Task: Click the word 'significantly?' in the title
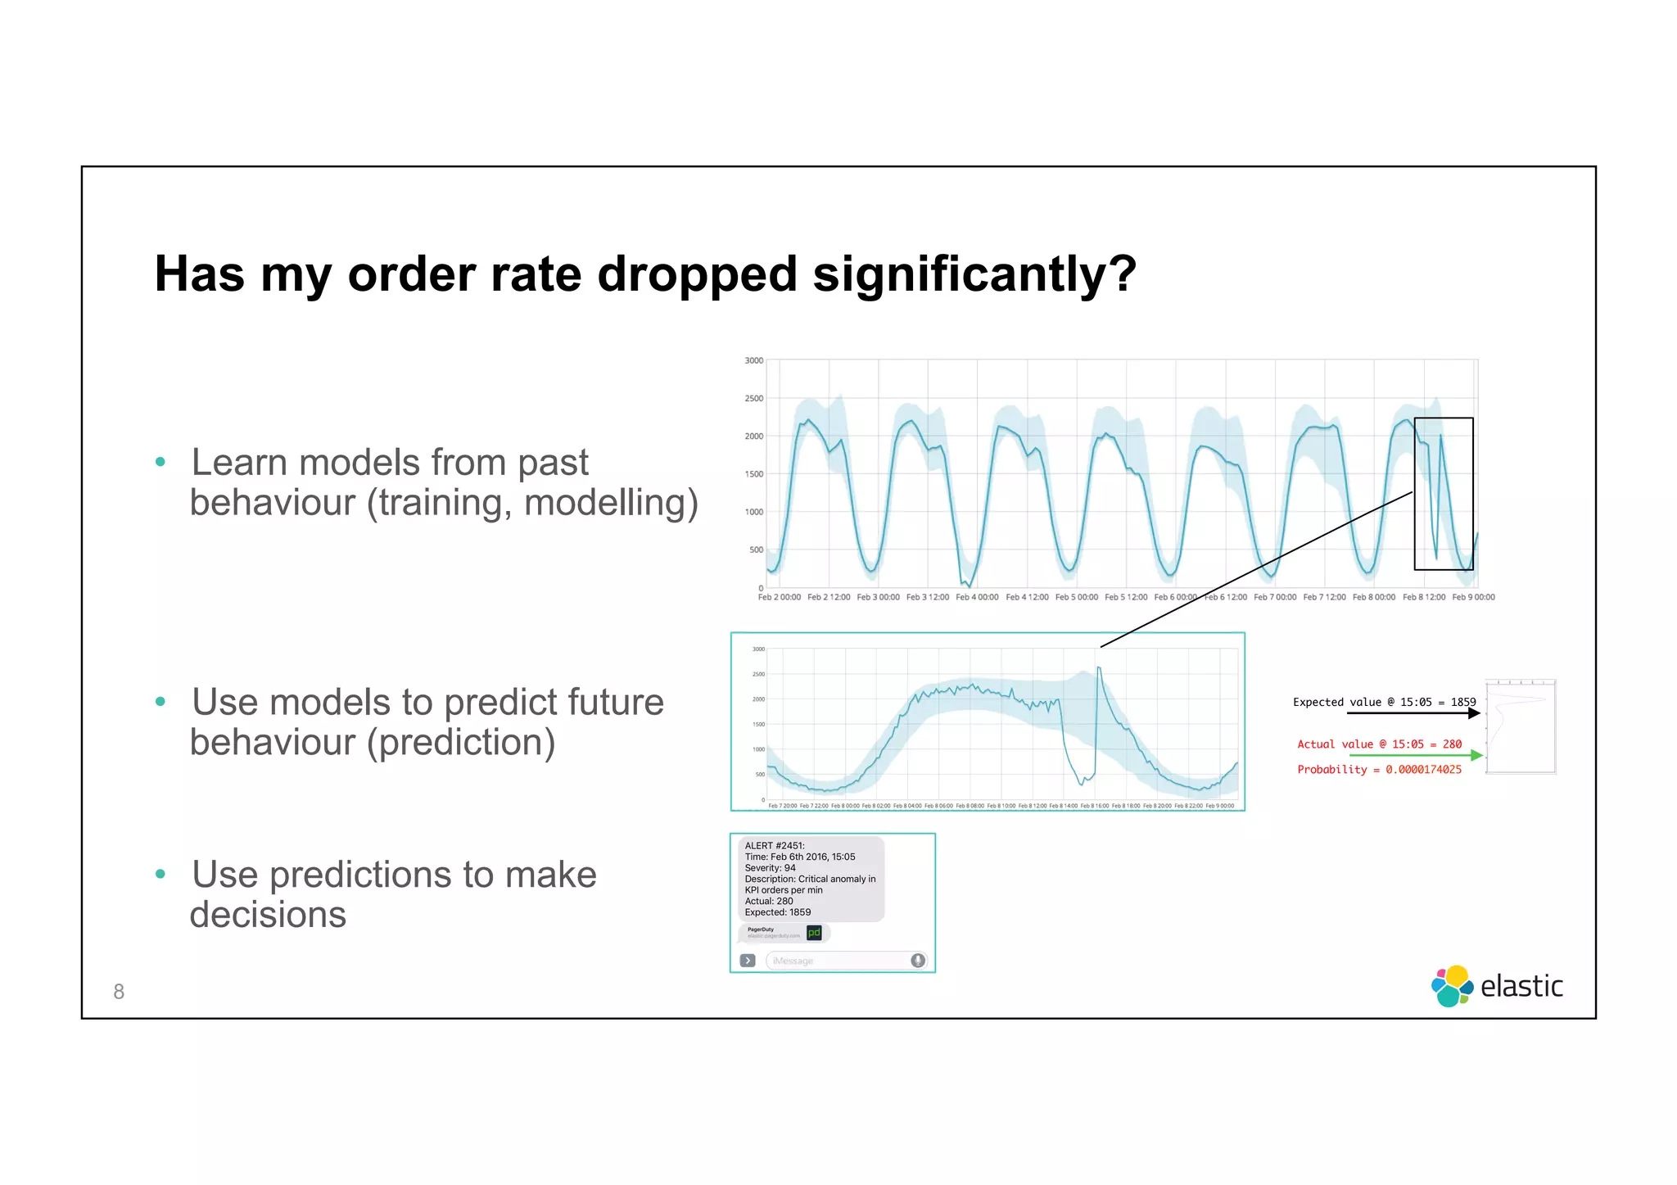click(974, 274)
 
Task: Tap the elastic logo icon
click(1452, 986)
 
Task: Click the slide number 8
click(119, 992)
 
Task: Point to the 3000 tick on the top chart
click(753, 360)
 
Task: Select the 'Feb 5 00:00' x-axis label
click(1076, 597)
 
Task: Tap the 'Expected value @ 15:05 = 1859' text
click(1384, 702)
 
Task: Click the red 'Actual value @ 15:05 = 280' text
click(1379, 744)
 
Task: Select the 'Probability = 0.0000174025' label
click(1379, 770)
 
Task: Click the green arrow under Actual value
click(1416, 755)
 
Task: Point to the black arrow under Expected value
click(1413, 713)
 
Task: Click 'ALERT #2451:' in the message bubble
click(775, 846)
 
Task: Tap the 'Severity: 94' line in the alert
click(770, 868)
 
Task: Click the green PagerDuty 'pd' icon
click(814, 933)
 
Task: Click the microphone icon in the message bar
click(918, 961)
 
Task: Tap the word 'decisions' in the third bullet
click(268, 915)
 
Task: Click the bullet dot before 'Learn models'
click(160, 462)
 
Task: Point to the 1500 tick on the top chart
click(753, 474)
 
